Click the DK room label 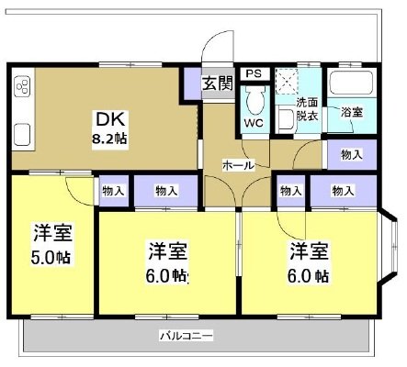[x=110, y=119]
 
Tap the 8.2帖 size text [x=109, y=139]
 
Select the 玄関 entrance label [x=218, y=83]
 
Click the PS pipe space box [x=254, y=73]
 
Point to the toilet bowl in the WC [x=254, y=100]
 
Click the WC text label [x=254, y=123]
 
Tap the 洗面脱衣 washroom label [x=307, y=109]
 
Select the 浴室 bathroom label [x=352, y=112]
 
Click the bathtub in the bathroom [x=352, y=83]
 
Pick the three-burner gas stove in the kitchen [x=23, y=86]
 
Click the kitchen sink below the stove [x=23, y=135]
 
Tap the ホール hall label [x=238, y=165]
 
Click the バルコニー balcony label [x=187, y=336]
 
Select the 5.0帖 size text [x=51, y=258]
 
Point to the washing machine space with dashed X [x=287, y=82]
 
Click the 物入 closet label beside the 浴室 [x=352, y=155]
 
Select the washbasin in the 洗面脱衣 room [x=285, y=118]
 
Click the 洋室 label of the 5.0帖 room [x=52, y=233]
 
